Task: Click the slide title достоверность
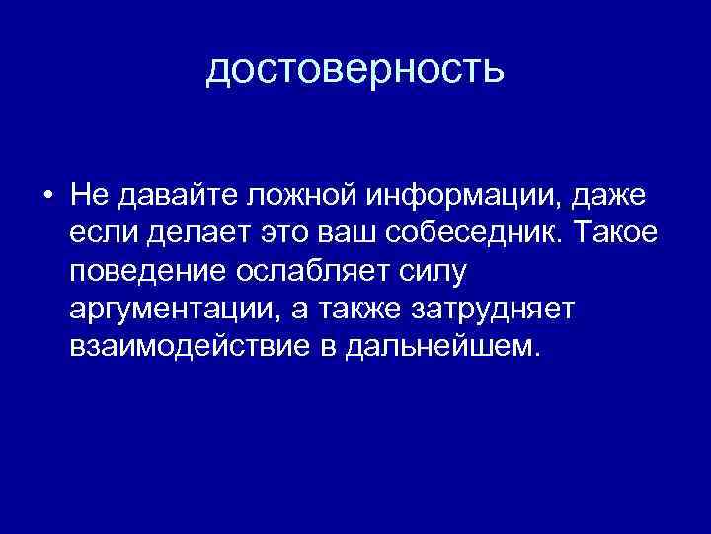tap(355, 69)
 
